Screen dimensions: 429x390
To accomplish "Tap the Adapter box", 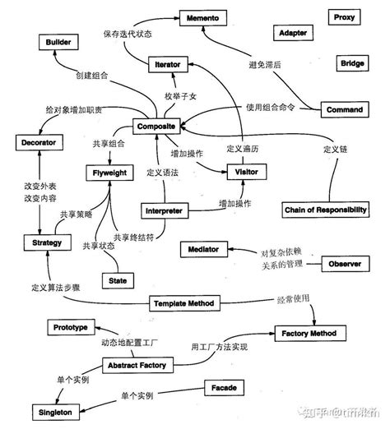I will [x=294, y=34].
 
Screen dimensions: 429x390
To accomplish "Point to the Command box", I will [x=344, y=109].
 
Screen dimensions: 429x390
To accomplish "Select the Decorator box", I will [x=39, y=143].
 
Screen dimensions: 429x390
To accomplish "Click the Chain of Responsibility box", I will [x=325, y=210].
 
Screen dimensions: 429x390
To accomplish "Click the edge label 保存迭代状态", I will [x=128, y=35].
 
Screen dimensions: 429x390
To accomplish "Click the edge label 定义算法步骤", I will [x=58, y=288].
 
